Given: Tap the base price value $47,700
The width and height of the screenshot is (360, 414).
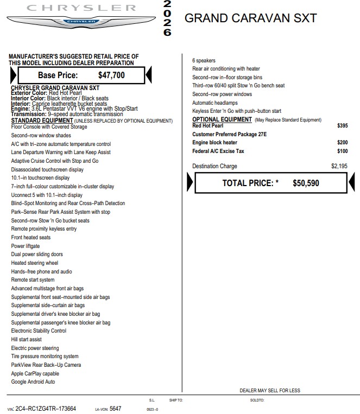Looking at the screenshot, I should click(111, 75).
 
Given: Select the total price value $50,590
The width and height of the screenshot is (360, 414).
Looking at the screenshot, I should click(306, 183).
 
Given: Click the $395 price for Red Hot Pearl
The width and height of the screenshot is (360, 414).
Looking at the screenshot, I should click(342, 125).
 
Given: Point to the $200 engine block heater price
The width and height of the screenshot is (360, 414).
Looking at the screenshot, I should click(342, 143).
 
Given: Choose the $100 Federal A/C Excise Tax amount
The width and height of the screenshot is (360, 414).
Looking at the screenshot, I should click(342, 151).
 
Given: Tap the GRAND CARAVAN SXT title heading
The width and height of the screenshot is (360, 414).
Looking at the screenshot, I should click(250, 18).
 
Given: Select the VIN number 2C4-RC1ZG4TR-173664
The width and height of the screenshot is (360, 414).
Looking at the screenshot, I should click(46, 409).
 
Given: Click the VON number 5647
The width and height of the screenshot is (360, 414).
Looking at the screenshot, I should click(116, 409).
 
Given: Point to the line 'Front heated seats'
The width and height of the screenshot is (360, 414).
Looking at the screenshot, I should click(31, 238).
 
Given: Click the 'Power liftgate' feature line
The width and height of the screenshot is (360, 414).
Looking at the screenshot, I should click(26, 246).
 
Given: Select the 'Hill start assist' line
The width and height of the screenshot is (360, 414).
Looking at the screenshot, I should click(27, 339).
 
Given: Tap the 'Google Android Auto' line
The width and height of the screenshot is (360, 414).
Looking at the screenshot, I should click(33, 381).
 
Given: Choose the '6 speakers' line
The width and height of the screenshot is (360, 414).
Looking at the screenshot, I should click(204, 61).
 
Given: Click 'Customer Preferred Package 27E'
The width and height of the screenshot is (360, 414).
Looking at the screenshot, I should click(229, 134).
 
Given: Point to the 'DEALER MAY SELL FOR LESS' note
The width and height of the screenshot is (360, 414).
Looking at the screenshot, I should click(269, 391).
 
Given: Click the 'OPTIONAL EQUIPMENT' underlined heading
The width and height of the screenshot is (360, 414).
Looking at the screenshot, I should click(222, 119).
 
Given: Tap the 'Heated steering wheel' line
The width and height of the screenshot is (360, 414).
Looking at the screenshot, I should click(35, 263).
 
